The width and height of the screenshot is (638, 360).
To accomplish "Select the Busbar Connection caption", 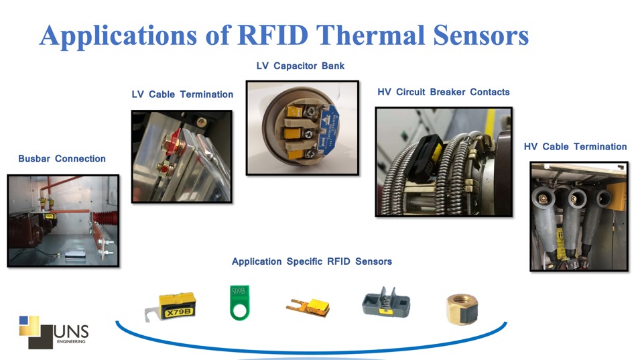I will click(x=62, y=159).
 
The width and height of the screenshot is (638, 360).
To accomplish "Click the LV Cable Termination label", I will click(x=182, y=95).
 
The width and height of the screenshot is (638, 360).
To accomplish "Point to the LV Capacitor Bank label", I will click(x=300, y=66).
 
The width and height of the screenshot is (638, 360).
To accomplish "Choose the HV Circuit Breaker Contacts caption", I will click(x=444, y=92).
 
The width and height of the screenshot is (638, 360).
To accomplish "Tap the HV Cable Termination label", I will click(x=575, y=146).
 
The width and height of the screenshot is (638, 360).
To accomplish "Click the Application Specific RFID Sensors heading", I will click(x=312, y=261).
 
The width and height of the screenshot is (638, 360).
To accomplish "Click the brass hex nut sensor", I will click(x=462, y=309).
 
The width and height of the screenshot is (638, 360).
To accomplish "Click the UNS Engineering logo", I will click(x=54, y=331).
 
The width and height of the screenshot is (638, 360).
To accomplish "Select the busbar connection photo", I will click(x=63, y=221).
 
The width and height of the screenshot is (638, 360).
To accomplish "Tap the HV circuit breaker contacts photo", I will click(x=444, y=162).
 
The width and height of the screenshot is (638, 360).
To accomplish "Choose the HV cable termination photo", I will click(x=578, y=215).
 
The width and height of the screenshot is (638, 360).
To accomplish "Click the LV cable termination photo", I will click(x=182, y=156).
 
